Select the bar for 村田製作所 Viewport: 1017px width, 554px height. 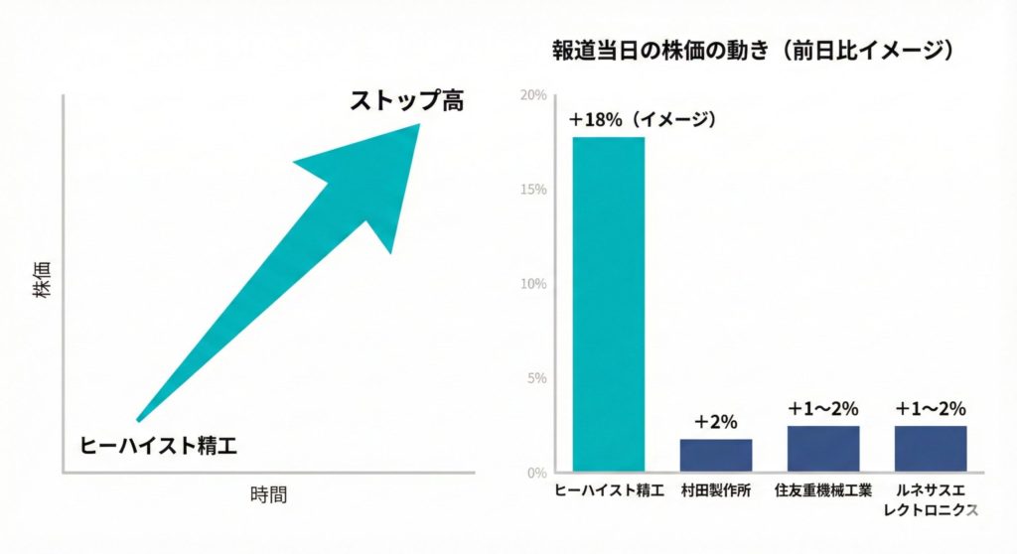point(716,455)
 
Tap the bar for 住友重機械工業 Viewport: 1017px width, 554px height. point(823,448)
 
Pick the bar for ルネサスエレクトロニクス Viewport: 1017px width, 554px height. point(931,448)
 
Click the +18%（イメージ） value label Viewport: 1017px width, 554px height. point(643,119)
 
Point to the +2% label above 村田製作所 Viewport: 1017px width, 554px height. point(716,422)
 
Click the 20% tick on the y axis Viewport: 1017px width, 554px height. point(533,95)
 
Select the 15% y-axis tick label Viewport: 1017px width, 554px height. point(533,190)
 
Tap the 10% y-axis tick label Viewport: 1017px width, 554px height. point(533,284)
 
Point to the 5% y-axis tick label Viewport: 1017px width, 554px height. point(536,378)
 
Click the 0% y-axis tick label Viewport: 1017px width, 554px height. point(536,473)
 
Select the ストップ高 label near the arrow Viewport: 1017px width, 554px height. point(406,100)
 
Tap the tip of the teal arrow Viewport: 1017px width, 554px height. point(417,125)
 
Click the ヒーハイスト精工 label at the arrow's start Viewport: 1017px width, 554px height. point(159,444)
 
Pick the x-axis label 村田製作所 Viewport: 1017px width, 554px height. point(716,491)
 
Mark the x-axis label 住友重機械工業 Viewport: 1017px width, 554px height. point(823,491)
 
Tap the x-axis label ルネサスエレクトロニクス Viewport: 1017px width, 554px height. point(931,500)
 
